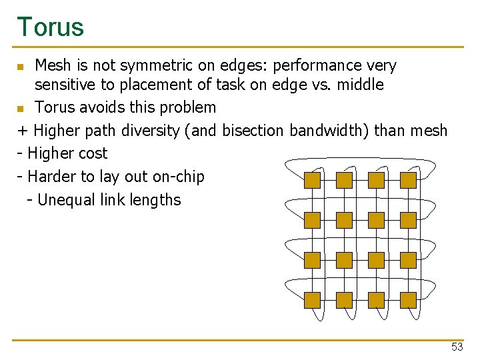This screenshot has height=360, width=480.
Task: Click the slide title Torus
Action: pyautogui.click(x=51, y=27)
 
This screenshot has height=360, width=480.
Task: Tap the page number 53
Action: pyautogui.click(x=457, y=347)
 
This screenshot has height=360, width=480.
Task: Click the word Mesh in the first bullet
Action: pyautogui.click(x=52, y=65)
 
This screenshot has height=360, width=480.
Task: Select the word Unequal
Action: pyautogui.click(x=65, y=199)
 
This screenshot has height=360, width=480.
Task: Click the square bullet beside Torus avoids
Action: pyautogui.click(x=21, y=108)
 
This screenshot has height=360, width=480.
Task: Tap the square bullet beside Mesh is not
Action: pyautogui.click(x=21, y=67)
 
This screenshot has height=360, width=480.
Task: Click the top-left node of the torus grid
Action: pyautogui.click(x=312, y=180)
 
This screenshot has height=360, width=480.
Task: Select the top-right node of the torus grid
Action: pyautogui.click(x=408, y=180)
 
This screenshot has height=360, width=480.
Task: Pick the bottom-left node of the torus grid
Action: pyautogui.click(x=312, y=300)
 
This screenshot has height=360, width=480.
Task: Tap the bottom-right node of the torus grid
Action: pyautogui.click(x=408, y=300)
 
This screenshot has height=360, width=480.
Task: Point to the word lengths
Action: pyautogui.click(x=156, y=199)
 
